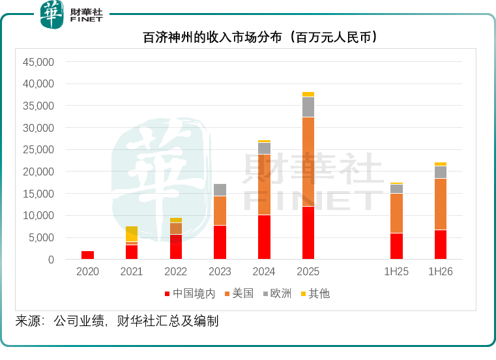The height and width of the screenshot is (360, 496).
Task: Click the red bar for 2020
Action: coord(87,255)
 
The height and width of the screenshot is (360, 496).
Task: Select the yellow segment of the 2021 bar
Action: coord(132,234)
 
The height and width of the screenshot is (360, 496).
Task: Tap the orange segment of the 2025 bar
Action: coord(308,162)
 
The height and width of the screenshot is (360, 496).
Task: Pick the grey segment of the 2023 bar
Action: coord(220,190)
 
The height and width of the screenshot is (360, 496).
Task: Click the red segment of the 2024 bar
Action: coord(264,237)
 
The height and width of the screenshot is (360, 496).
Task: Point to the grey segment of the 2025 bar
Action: coord(308,107)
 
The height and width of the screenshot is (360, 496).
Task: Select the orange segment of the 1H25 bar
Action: coord(396,213)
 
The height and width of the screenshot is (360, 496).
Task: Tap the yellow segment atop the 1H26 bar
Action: coord(441,164)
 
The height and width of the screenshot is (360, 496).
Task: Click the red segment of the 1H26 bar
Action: coord(441,245)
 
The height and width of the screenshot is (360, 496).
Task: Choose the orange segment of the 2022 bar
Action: coord(176,229)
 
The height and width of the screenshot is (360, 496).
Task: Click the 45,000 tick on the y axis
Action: coord(38,62)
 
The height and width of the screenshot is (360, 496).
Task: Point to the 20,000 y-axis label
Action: coord(38,172)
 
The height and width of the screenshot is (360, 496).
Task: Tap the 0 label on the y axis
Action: coord(51,260)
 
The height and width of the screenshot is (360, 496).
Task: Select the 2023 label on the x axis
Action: coord(220,271)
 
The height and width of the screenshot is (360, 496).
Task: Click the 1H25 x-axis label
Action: coord(396,271)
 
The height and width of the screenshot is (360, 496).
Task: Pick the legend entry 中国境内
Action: coord(190,293)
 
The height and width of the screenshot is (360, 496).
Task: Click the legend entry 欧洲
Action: coord(277,293)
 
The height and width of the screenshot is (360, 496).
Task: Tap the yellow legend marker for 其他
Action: coord(303,294)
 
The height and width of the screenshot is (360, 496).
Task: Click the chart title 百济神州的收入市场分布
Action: coord(212,37)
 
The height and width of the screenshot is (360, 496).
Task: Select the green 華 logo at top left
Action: coord(52,14)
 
